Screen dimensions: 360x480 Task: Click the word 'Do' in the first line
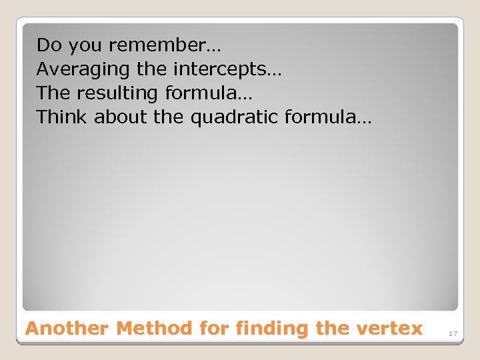(49, 45)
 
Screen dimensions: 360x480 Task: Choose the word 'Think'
(62, 117)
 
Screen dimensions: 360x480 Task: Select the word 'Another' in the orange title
(67, 329)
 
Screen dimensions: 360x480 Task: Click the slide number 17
(453, 333)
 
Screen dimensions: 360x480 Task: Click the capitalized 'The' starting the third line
(52, 93)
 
